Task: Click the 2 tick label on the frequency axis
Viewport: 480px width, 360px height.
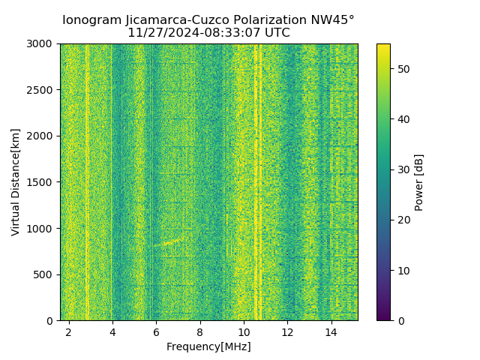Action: tap(69, 331)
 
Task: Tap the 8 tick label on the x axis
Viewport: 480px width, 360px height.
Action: tap(199, 331)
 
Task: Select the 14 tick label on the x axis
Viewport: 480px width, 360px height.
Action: tap(331, 331)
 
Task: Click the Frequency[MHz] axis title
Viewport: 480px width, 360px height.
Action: tap(208, 346)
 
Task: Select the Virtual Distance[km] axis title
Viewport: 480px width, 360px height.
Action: tap(16, 182)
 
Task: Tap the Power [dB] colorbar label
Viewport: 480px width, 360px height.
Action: tap(419, 182)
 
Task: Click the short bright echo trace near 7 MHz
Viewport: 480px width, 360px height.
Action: tap(171, 242)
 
